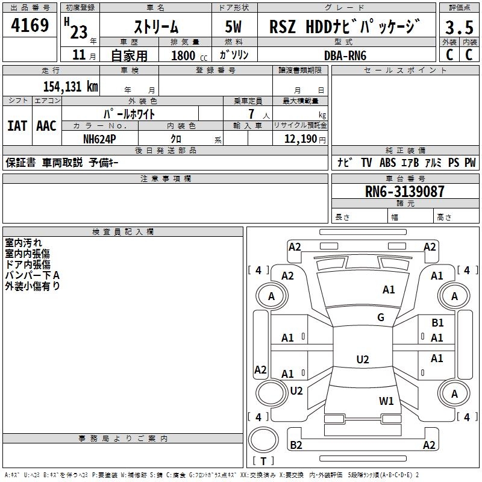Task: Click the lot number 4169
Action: [31, 26]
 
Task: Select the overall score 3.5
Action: [459, 28]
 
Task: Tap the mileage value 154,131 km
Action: [70, 86]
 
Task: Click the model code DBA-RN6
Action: [345, 55]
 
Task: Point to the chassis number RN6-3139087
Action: [405, 192]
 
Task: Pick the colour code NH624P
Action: [101, 139]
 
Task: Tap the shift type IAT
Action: [17, 126]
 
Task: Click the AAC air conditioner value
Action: [46, 126]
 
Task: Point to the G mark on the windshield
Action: [381, 318]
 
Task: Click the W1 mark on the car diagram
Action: [386, 401]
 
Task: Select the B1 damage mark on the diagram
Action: [437, 324]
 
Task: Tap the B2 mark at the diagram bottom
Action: [296, 445]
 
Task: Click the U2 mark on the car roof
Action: [363, 360]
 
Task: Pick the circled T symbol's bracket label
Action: [263, 462]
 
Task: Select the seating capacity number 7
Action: [250, 113]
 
